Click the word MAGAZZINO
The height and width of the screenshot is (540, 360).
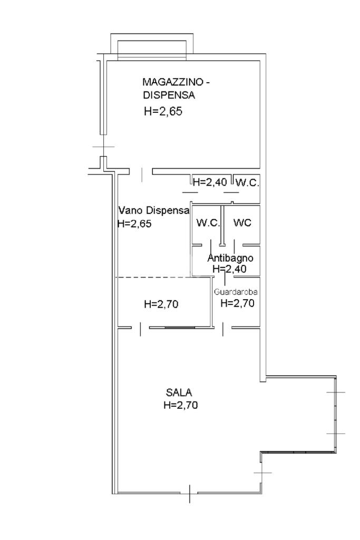point(172,82)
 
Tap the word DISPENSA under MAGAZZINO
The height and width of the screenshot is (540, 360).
point(169,95)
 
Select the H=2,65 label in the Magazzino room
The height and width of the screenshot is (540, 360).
point(163,111)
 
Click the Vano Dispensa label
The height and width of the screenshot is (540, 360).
point(154,210)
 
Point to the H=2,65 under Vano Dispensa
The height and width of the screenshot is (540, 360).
point(134,223)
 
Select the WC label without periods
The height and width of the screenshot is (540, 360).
point(242,223)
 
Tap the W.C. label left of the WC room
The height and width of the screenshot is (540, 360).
point(208,223)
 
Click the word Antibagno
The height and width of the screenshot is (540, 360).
point(230,258)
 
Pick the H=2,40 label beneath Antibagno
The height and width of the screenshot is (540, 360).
point(229,269)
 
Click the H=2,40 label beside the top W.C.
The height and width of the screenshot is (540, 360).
point(210,182)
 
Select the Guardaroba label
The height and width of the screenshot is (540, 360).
point(236,292)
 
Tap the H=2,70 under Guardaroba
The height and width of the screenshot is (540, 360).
point(237,303)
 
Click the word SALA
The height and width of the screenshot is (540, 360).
point(179,392)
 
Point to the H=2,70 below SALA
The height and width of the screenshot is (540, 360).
point(180,405)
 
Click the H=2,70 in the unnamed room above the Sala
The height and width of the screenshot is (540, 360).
point(161,304)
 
